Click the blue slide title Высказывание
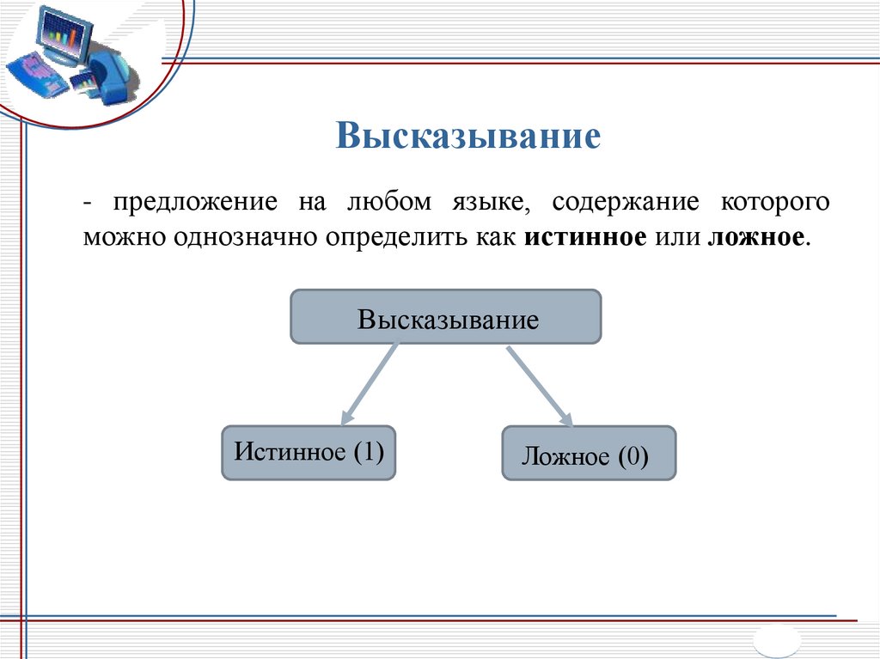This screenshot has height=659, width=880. pyautogui.click(x=467, y=137)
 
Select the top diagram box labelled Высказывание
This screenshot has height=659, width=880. pyautogui.click(x=446, y=318)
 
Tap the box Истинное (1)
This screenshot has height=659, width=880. pyautogui.click(x=309, y=452)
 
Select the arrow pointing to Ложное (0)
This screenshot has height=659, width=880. pyautogui.click(x=538, y=385)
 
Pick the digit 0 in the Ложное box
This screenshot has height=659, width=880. pyautogui.click(x=632, y=456)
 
